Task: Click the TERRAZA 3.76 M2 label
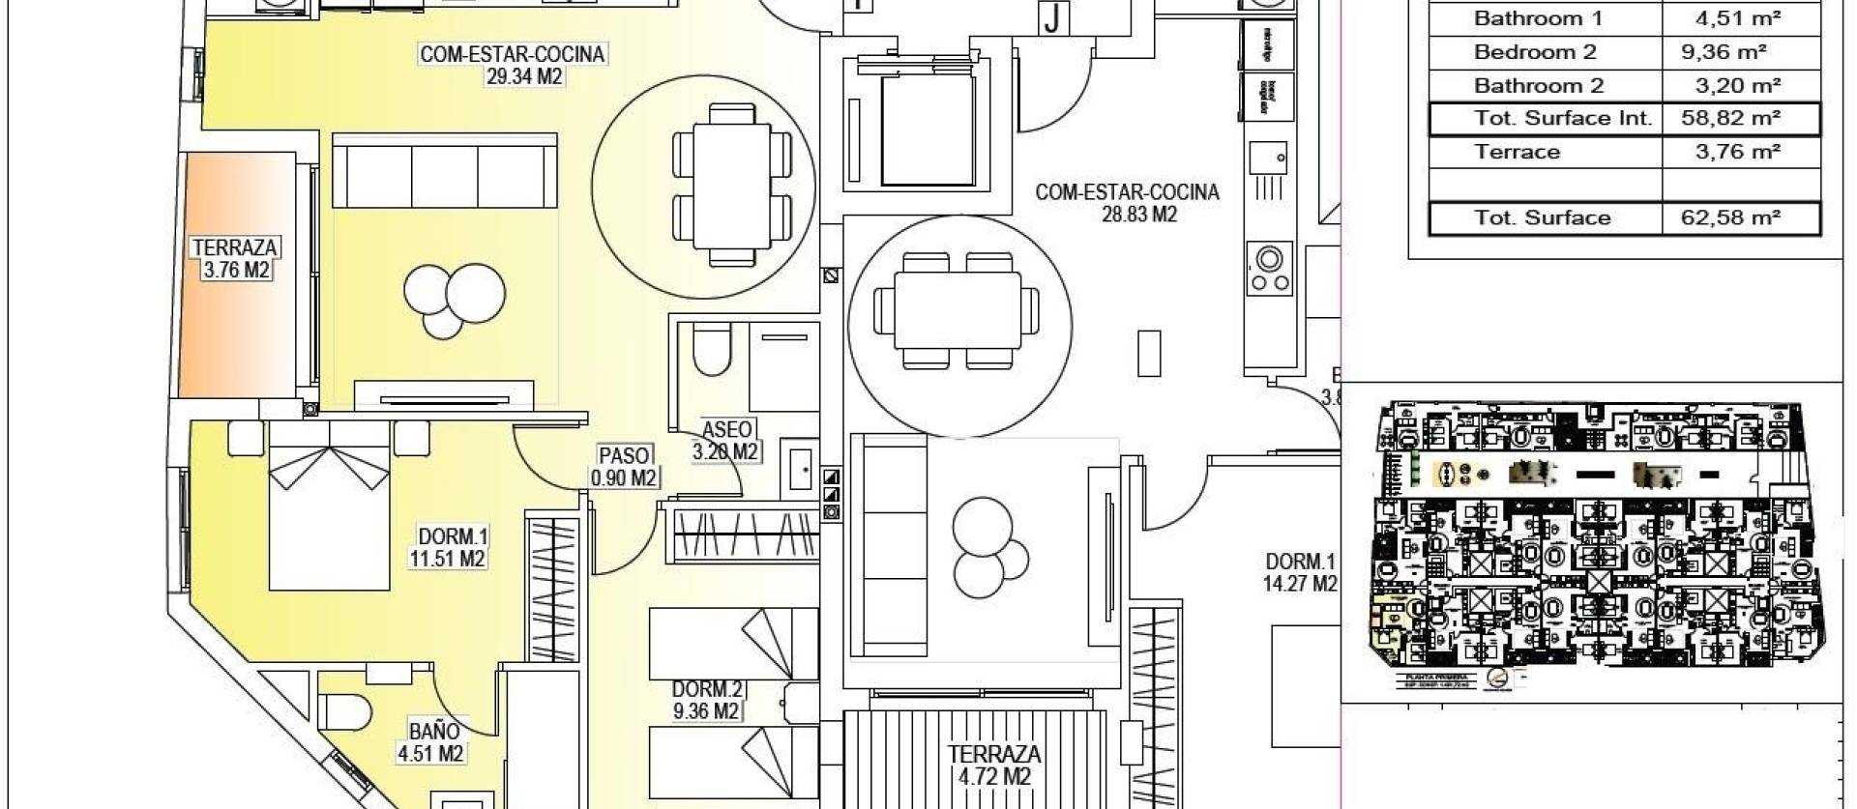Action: [x=235, y=259]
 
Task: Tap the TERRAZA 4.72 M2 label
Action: [x=994, y=765]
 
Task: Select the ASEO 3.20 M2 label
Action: [x=726, y=441]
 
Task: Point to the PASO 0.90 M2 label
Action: [x=624, y=466]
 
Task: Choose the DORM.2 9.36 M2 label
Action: [x=707, y=701]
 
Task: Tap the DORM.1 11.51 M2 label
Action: [x=447, y=547]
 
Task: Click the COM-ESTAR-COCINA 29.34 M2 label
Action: [x=513, y=65]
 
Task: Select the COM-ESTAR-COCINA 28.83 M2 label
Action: [x=1128, y=203]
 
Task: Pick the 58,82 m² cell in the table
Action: [x=1739, y=119]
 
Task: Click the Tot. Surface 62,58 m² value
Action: [x=1739, y=218]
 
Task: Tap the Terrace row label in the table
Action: [x=1518, y=152]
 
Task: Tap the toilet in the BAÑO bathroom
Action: [x=345, y=712]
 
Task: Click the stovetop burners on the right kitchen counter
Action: [x=1268, y=270]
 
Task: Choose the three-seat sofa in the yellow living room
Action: [x=445, y=171]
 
